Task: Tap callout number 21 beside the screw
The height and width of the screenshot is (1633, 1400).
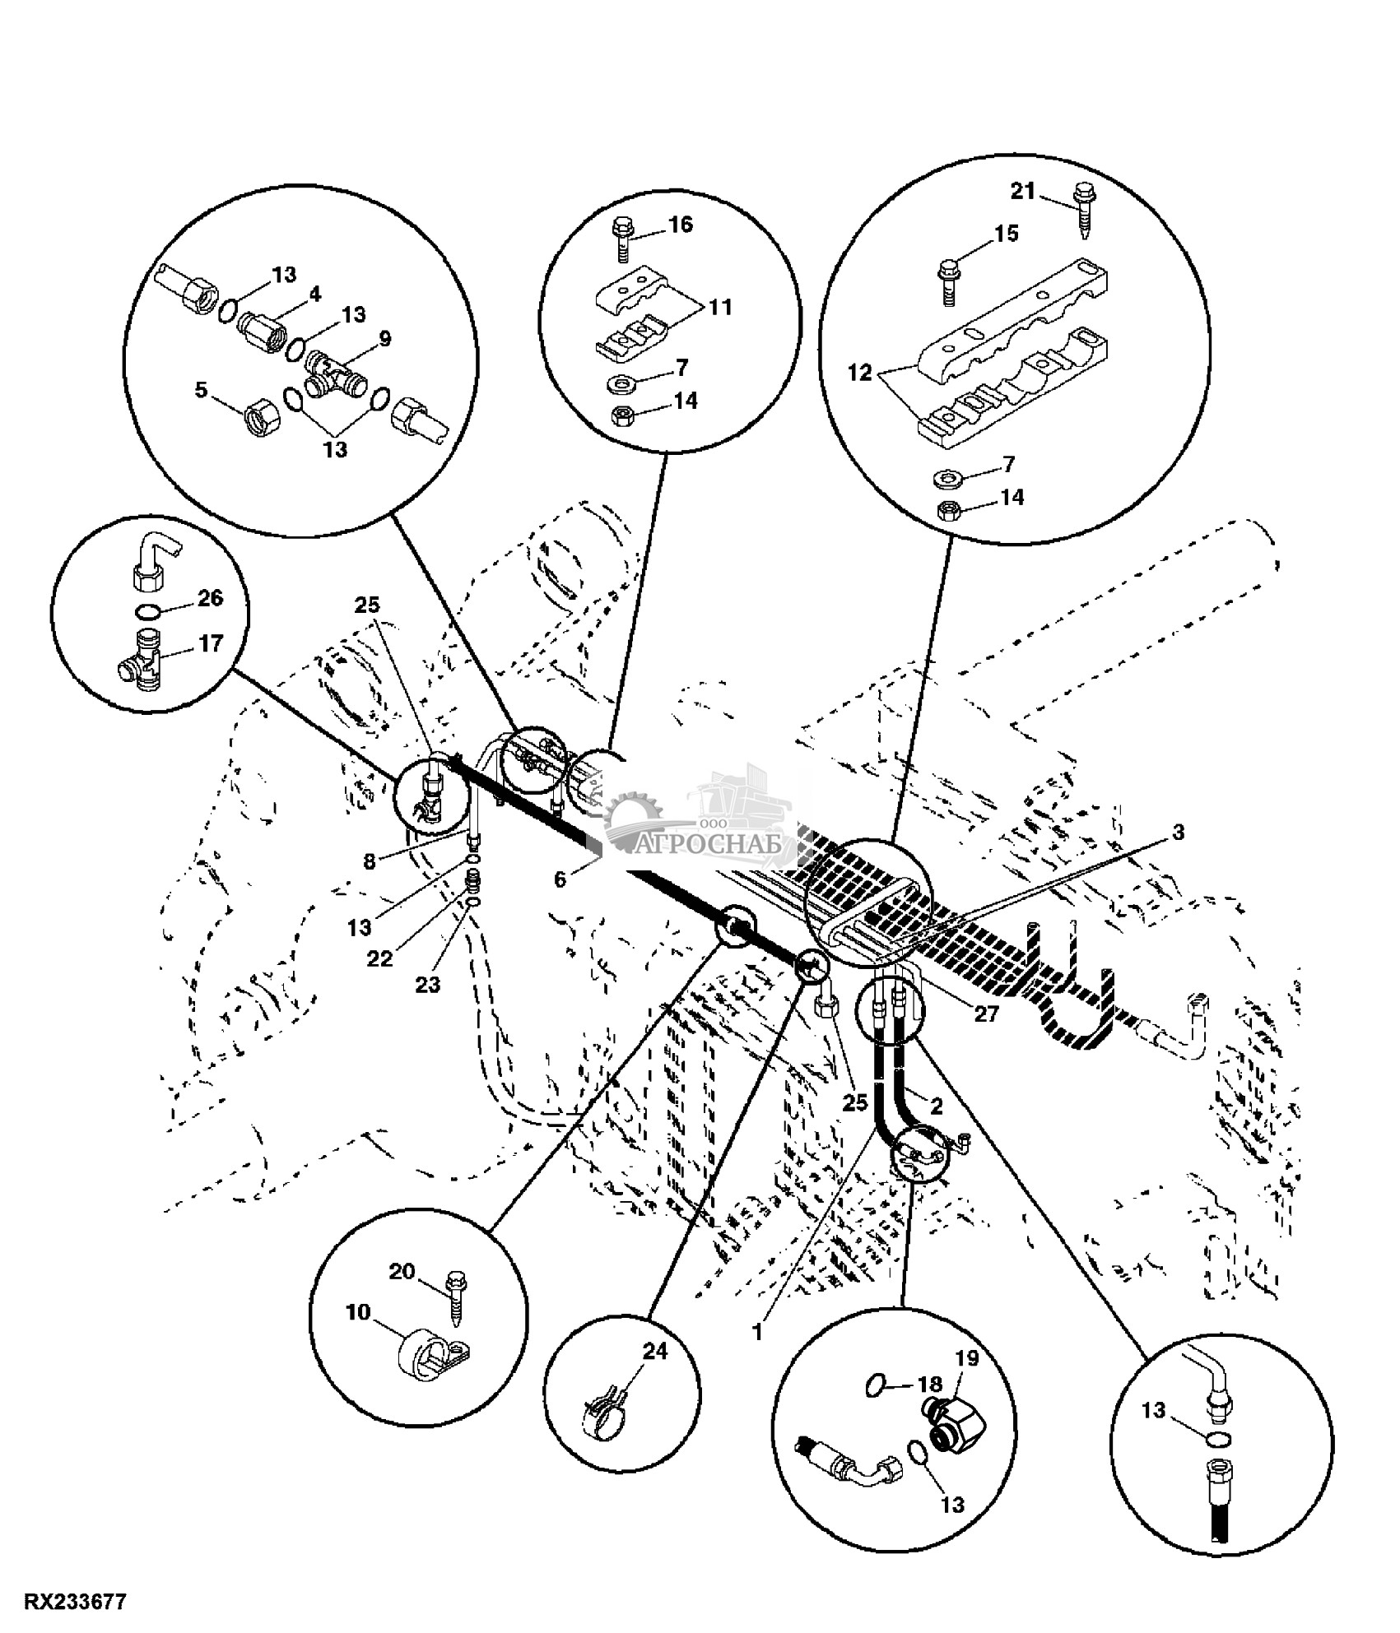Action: pos(1022,192)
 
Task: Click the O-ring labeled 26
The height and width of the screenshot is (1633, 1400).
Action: pos(147,612)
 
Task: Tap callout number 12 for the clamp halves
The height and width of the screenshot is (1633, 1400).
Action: pos(859,373)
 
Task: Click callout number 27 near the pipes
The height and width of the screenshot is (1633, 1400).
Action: pos(986,1014)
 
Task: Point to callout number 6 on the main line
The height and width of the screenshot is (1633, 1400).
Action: pos(560,879)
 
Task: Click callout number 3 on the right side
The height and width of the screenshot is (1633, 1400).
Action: pos(1178,833)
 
